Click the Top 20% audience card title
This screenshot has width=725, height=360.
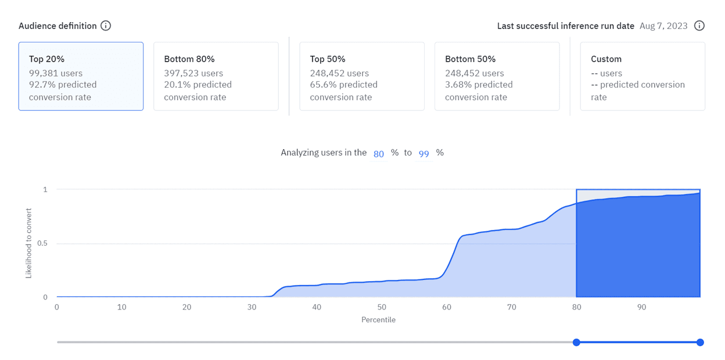46,59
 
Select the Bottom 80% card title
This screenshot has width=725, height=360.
189,59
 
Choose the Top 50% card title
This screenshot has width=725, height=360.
328,59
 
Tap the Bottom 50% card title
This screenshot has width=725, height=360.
470,59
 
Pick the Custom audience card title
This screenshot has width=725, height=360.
606,59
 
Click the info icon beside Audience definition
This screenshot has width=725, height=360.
106,26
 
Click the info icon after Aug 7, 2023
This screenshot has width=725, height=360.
699,26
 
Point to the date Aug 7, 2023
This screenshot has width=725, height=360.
663,26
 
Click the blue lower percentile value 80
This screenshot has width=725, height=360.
379,153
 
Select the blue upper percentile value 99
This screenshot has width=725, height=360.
424,153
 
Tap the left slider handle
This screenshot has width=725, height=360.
576,343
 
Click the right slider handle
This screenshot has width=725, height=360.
700,343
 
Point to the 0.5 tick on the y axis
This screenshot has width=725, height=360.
42,243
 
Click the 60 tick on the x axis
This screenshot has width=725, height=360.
446,307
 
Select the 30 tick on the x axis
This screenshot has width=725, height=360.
252,307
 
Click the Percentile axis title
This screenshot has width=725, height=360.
378,320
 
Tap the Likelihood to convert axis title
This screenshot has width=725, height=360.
29,243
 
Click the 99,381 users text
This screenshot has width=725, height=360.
56,73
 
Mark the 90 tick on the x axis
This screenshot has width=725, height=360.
641,307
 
